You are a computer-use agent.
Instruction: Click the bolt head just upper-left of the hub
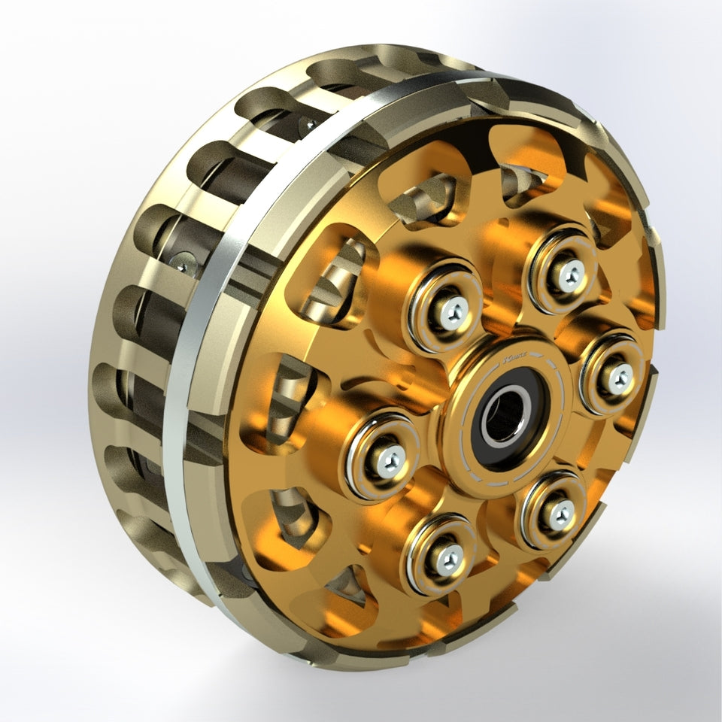tap(452, 313)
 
